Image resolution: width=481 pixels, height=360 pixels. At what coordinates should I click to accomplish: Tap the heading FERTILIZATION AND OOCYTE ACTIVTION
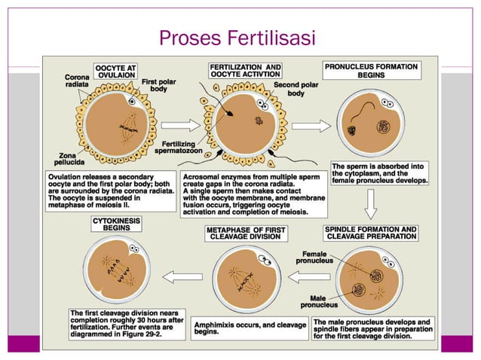pos(245,72)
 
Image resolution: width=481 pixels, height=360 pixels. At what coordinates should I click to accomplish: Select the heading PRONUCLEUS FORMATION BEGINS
pos(371,72)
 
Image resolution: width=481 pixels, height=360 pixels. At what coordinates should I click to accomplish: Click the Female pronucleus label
pos(310,258)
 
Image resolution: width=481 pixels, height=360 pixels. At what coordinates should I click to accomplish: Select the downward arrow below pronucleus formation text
pos(371,203)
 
